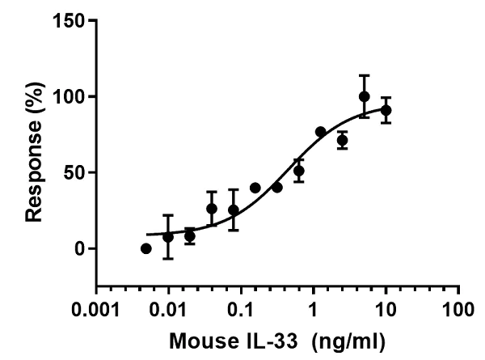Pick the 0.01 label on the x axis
coord(169,310)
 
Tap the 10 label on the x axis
coord(386,310)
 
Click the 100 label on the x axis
coord(458,310)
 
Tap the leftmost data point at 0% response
coord(146,248)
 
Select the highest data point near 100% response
coord(365,96)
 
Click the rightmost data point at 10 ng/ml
coord(386,110)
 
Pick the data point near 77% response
coord(321,132)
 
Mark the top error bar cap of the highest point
coord(365,75)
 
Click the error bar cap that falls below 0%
coord(168,258)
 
